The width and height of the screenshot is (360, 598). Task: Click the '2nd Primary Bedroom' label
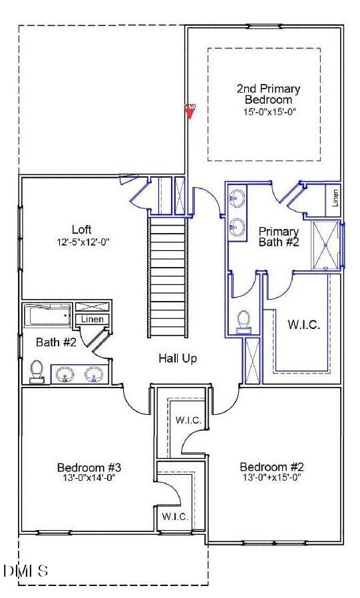point(268,94)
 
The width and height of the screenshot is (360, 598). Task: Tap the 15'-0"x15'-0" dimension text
point(268,112)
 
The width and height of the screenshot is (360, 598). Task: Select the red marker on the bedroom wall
point(190,110)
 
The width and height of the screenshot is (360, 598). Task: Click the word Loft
point(81,230)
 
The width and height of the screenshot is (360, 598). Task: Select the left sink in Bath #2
point(66,376)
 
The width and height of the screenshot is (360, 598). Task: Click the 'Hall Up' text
point(178,358)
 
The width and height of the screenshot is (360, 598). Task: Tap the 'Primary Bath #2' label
point(279,236)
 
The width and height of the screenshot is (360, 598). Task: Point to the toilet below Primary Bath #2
point(244,320)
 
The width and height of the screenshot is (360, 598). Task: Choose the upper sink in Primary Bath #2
point(238,198)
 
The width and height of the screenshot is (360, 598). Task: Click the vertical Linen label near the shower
point(336,197)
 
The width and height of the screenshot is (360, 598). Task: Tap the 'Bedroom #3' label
point(89,466)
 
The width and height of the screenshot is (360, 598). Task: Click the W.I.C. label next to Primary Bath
point(303,325)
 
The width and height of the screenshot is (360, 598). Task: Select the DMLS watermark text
point(25,571)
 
